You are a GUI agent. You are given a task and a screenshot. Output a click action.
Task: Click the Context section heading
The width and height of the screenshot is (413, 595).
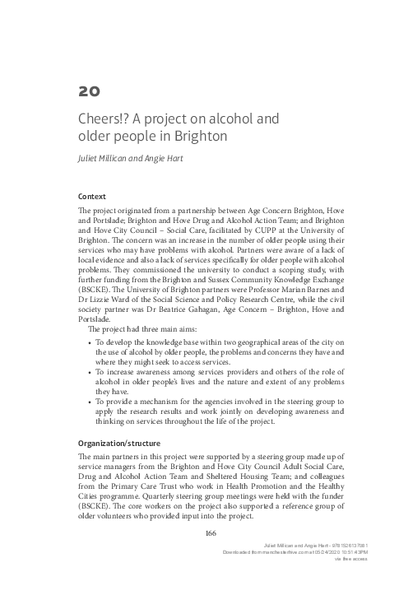90,198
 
